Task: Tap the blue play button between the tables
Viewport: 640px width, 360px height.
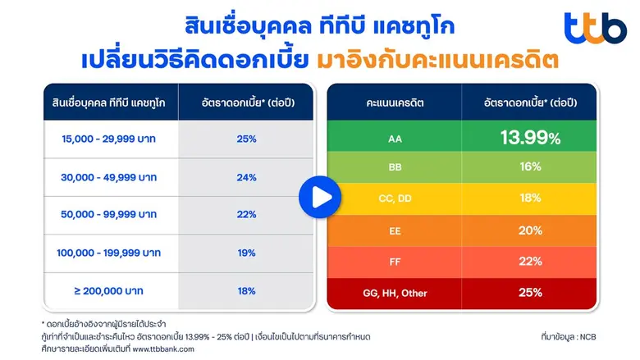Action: click(319, 197)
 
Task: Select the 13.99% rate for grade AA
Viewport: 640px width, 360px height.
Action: click(531, 137)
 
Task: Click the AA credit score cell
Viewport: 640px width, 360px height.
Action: click(395, 138)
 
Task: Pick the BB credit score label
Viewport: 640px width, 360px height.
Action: click(395, 167)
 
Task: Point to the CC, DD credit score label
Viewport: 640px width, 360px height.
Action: click(395, 198)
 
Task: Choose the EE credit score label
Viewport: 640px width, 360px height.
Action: click(395, 231)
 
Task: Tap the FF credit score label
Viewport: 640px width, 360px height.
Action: click(395, 262)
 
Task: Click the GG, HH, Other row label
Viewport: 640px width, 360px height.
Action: click(395, 293)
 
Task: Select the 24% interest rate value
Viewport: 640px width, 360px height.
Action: click(246, 176)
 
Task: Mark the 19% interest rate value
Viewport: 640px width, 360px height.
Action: click(246, 253)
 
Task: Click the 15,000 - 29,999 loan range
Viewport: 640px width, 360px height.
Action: click(109, 139)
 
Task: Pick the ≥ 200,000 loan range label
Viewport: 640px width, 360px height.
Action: click(109, 291)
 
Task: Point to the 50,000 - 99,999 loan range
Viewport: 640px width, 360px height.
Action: click(109, 215)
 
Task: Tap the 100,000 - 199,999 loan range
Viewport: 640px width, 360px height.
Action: click(109, 253)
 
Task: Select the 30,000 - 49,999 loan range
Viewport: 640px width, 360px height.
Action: click(109, 176)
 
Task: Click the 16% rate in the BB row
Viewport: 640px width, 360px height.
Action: click(531, 167)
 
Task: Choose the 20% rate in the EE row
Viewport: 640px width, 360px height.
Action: click(531, 231)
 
